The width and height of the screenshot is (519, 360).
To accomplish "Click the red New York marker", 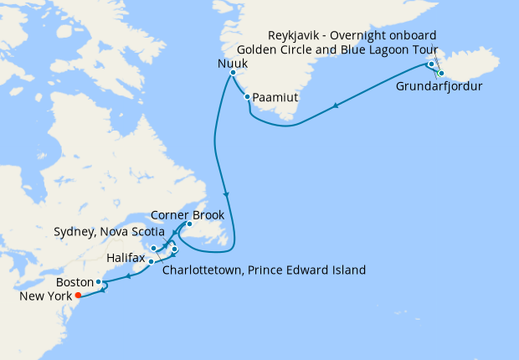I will tap(78, 296).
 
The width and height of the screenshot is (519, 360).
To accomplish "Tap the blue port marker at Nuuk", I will tap(232, 74).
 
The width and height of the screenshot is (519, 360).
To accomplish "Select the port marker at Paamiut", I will tap(248, 97).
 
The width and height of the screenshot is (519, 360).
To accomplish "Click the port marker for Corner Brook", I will tap(190, 224).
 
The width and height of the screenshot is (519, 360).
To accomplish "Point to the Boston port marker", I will tap(99, 282).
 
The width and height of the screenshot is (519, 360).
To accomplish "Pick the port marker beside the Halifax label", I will tap(151, 262).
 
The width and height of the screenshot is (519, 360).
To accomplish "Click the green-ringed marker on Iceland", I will tap(441, 74).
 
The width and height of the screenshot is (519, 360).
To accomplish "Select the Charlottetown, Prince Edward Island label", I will tap(265, 270).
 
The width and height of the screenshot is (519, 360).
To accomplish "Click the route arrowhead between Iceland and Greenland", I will tap(336, 105).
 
